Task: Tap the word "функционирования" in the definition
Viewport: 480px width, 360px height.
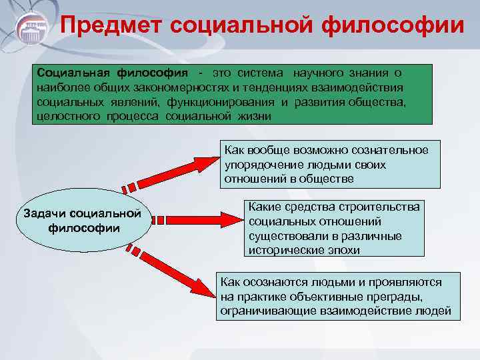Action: [x=215, y=101]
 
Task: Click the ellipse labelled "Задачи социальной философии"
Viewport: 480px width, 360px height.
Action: [x=84, y=221]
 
